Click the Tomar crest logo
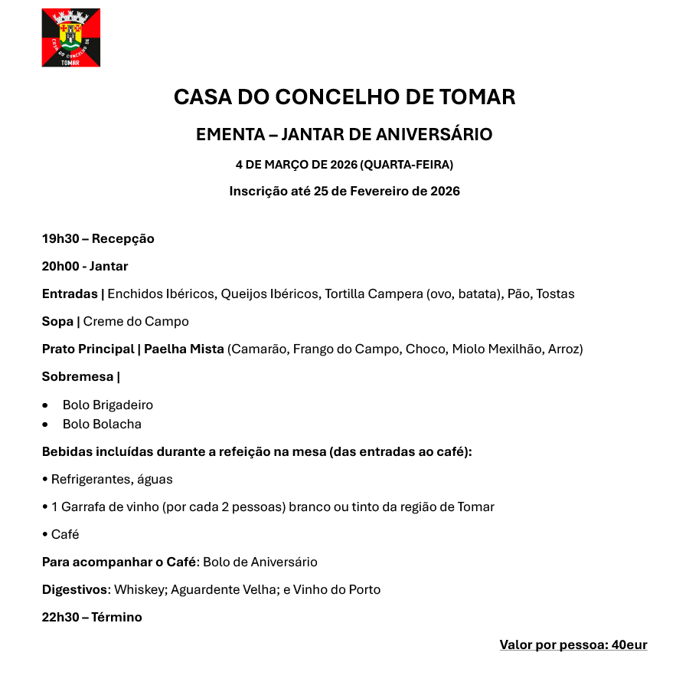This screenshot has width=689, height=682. (70, 38)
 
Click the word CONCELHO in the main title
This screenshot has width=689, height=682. (329, 97)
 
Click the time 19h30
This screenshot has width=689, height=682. (60, 239)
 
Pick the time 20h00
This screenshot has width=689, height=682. (60, 267)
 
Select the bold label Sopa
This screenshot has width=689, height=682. (57, 322)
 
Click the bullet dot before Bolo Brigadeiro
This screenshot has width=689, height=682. (46, 405)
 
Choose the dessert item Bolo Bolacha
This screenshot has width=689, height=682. (102, 425)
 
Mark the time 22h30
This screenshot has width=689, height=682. (60, 618)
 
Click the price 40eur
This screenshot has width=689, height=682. (629, 645)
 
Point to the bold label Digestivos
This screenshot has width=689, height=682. (74, 590)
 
